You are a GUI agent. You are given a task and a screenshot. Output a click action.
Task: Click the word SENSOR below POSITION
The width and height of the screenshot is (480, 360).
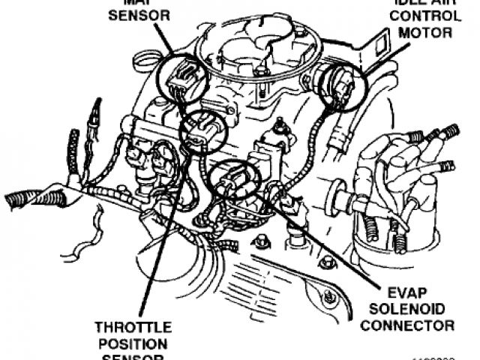click(132, 355)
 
